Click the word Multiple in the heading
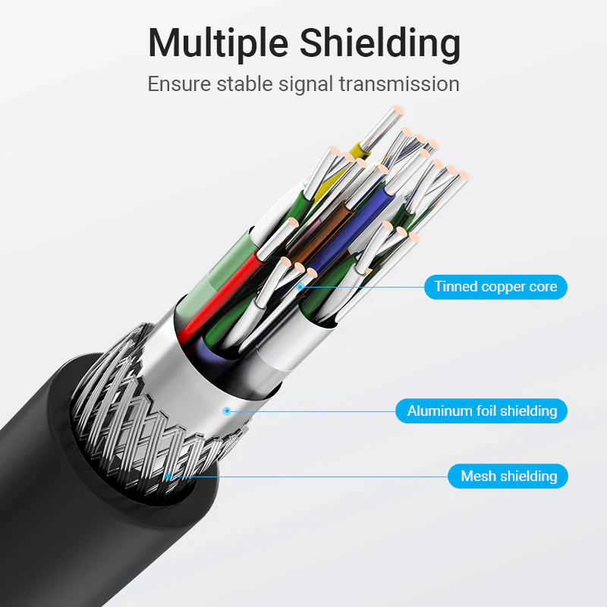[218, 43]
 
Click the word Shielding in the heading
[380, 43]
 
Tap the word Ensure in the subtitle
[179, 84]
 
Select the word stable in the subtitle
[244, 84]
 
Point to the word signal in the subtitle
[306, 84]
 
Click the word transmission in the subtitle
[399, 84]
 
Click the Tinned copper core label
[495, 287]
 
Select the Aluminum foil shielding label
[481, 410]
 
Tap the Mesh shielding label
[508, 476]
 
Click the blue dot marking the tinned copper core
[300, 287]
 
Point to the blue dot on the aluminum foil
[227, 411]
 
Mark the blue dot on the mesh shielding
[168, 476]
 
